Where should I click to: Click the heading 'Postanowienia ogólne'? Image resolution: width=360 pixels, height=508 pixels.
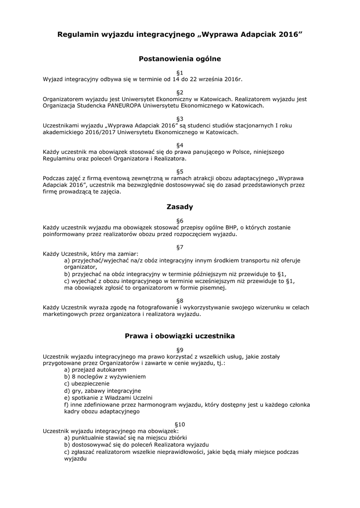180,59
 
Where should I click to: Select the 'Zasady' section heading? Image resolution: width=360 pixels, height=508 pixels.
180,206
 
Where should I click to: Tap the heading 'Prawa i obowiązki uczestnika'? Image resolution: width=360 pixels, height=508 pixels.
180,336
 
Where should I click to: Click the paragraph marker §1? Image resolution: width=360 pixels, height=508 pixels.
180,72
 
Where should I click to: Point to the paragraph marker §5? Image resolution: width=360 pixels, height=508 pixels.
180,171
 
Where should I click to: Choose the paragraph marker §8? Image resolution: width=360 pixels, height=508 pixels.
180,301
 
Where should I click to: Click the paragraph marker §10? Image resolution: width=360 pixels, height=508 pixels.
180,424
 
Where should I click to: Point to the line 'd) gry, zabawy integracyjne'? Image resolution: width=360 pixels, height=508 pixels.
103,390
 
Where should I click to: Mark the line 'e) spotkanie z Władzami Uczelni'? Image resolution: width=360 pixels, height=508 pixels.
108,397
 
